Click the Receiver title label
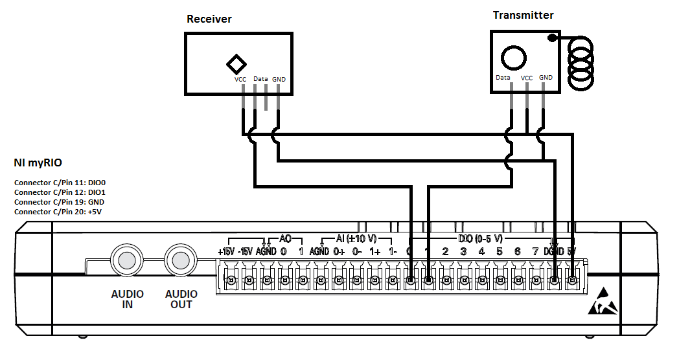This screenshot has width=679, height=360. tap(209, 19)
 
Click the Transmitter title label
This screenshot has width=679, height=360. tap(524, 15)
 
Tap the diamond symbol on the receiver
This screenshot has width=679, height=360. tap(236, 63)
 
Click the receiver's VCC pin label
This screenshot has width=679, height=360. tap(240, 80)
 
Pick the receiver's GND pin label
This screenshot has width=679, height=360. tap(279, 80)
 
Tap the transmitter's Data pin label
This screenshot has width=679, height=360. tap(503, 78)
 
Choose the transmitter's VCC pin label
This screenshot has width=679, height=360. tap(527, 78)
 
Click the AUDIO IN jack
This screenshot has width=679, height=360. tap(126, 260)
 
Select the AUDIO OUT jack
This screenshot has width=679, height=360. tap(181, 260)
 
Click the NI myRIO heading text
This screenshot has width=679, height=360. tap(38, 163)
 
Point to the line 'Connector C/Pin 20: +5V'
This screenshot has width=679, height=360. tap(58, 212)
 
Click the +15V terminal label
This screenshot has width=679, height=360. tap(225, 251)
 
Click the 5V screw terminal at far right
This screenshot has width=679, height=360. tap(572, 280)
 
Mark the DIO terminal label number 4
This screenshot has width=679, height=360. tap(481, 251)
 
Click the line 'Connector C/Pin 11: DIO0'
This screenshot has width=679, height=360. tap(60, 183)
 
